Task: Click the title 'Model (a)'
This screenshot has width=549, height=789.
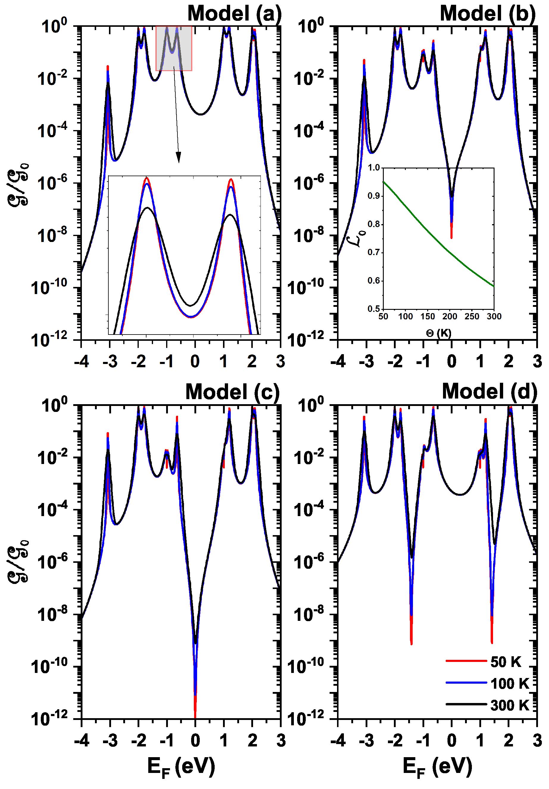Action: click(x=234, y=14)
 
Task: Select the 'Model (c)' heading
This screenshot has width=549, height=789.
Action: click(x=233, y=392)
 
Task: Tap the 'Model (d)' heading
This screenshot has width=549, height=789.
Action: click(x=489, y=391)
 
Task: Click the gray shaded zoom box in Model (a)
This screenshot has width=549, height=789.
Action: click(x=174, y=48)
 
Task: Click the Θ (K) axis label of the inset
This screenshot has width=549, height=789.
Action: click(x=438, y=333)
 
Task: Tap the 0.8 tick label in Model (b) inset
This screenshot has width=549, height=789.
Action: click(x=373, y=224)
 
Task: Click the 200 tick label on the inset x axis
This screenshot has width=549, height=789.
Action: click(x=449, y=316)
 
